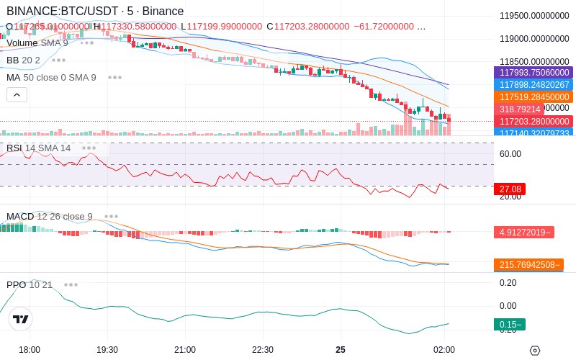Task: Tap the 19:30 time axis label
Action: point(107,349)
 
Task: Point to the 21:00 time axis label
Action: point(185,349)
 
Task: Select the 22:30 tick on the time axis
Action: point(263,349)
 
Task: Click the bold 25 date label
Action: point(341,349)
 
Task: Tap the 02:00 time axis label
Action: point(444,349)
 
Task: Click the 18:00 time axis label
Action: point(30,349)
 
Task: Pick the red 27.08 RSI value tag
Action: point(510,189)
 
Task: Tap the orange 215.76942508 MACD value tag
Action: point(528,264)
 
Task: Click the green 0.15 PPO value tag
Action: point(510,324)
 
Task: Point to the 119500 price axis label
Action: point(534,15)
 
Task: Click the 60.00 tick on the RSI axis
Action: point(510,153)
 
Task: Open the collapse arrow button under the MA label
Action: point(17,94)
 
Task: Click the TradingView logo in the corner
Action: point(21,319)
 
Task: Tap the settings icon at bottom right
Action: point(534,350)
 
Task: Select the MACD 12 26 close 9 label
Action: point(50,216)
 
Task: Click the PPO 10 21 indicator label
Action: point(30,284)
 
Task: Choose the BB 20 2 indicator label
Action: point(24,60)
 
